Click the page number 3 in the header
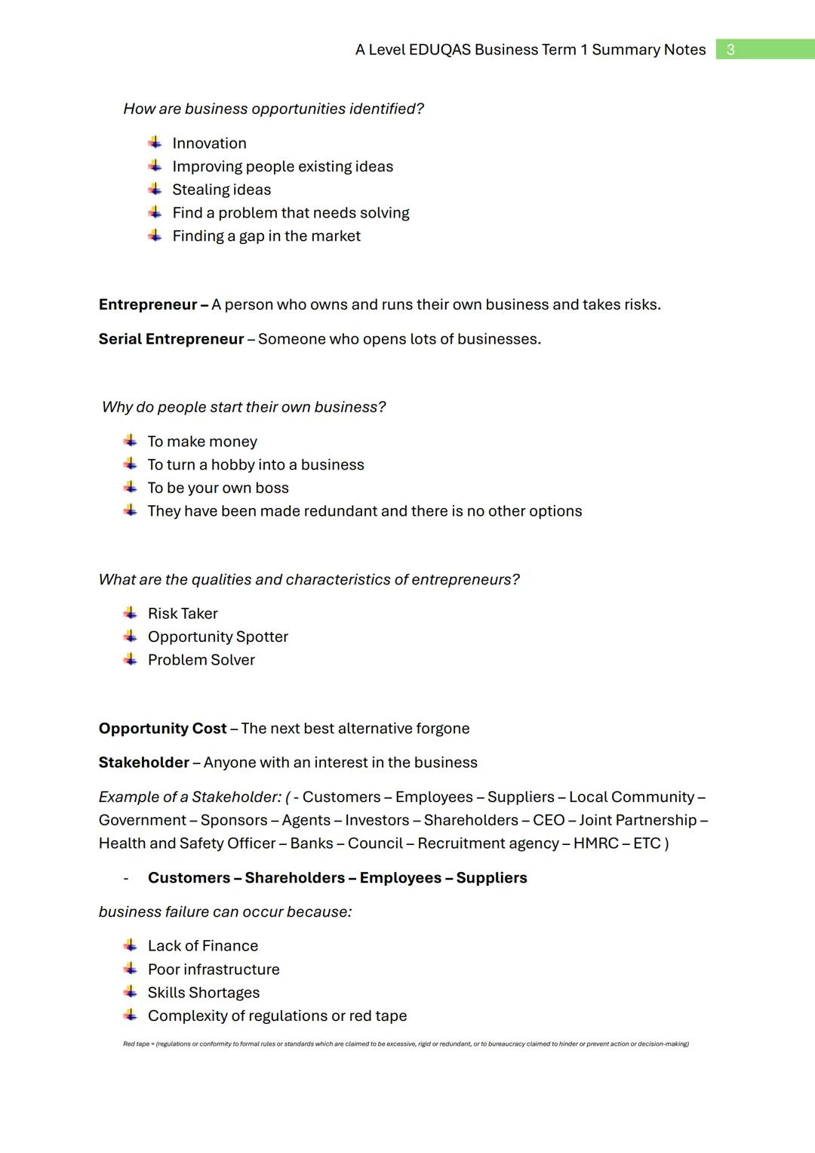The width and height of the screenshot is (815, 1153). (730, 50)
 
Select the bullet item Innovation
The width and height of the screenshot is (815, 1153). (209, 143)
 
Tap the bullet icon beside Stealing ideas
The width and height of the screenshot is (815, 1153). (155, 189)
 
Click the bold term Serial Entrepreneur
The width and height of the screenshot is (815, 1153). (171, 339)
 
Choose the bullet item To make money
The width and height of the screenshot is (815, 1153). (202, 442)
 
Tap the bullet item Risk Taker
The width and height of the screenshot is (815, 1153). (183, 614)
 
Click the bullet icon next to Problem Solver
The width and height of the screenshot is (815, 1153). (131, 659)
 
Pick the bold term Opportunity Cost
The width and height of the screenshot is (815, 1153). (162, 729)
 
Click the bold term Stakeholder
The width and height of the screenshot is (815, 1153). (143, 763)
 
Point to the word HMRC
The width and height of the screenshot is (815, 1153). (595, 843)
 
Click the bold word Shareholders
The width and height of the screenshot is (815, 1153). (294, 878)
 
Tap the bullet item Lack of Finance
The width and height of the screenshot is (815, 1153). (203, 946)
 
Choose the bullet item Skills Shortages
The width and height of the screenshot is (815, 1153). (204, 993)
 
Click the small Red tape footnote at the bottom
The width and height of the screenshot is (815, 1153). (405, 1044)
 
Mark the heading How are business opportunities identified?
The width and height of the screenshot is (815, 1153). (273, 109)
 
